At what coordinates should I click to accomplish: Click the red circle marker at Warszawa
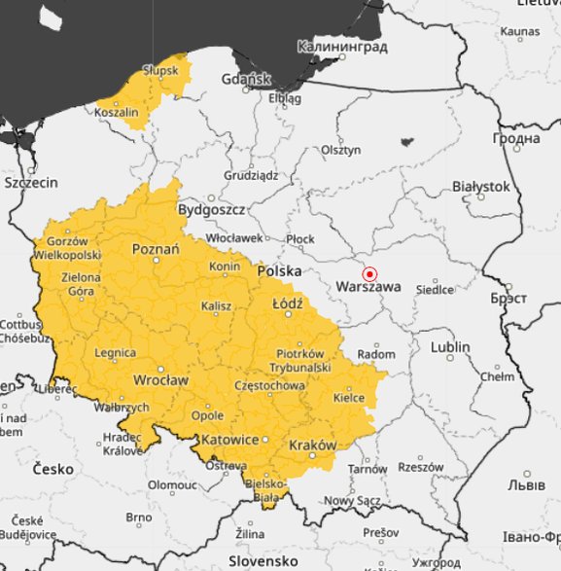[x=369, y=273]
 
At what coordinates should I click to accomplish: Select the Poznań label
[x=156, y=250]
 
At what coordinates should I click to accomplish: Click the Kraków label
[x=313, y=445]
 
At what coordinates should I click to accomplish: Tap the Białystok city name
[x=481, y=186]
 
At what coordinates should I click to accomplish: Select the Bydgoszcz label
[x=211, y=209]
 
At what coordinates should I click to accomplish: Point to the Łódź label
[x=287, y=303]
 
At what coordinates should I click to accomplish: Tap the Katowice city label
[x=229, y=439]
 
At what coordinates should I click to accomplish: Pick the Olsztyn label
[x=341, y=150]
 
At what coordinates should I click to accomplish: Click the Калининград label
[x=342, y=47]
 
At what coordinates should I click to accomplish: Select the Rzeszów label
[x=420, y=467]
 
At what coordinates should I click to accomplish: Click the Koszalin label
[x=117, y=113]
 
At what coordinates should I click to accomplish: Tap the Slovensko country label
[x=263, y=561]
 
